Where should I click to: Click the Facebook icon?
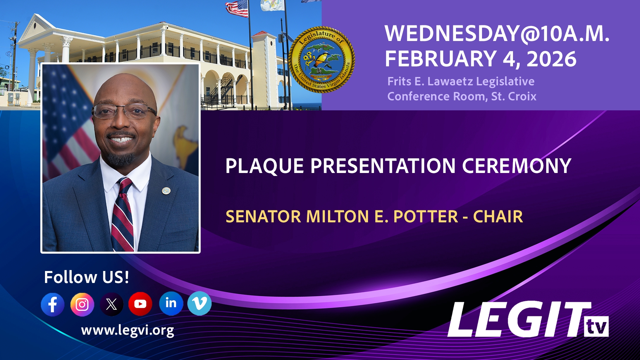click(53, 304)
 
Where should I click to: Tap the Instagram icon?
click(82, 304)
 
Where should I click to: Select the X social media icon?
click(111, 304)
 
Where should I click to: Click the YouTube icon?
click(140, 304)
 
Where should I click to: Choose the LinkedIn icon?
click(171, 303)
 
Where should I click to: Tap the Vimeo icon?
click(199, 303)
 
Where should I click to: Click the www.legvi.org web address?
click(127, 330)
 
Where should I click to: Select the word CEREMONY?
click(516, 166)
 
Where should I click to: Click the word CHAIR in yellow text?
click(498, 217)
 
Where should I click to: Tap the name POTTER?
click(426, 217)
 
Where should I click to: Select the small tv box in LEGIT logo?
click(596, 327)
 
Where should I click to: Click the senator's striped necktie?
click(122, 217)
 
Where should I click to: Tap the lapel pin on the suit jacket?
click(166, 191)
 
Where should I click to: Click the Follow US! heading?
click(86, 277)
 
